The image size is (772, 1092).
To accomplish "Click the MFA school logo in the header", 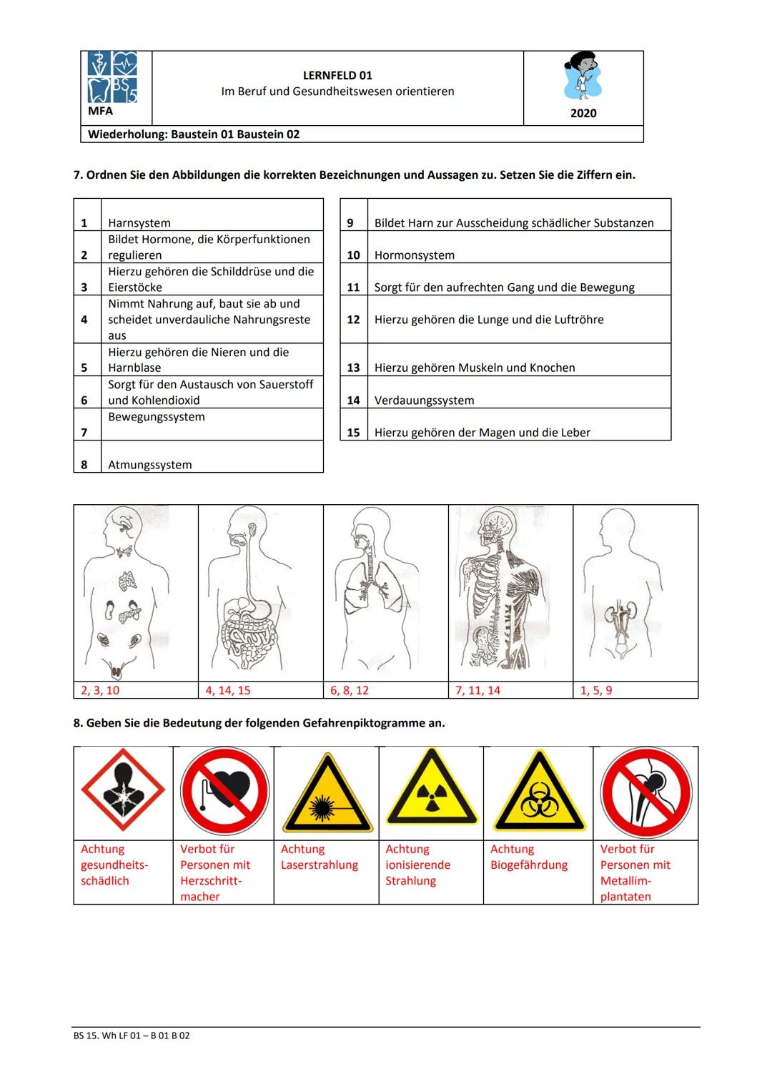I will point(112,78).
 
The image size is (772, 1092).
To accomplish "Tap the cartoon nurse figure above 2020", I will point(583,76).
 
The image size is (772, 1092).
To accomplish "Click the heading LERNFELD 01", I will point(337,75).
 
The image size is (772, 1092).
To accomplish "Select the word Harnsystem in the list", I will point(139,223).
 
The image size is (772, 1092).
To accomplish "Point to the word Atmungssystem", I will point(149,465).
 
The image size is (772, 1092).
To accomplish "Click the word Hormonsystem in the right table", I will point(415,255).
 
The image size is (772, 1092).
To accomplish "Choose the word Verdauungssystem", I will point(424,400).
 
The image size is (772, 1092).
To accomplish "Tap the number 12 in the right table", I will point(353,320).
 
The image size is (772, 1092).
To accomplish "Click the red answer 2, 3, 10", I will point(100,691).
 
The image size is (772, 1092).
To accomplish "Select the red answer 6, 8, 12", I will point(350,691).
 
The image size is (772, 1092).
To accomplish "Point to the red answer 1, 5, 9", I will point(596,691).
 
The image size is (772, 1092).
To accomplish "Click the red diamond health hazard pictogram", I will point(123,792).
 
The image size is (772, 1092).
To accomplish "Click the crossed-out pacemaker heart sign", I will point(224,792).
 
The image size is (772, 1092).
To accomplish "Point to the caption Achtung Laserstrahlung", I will point(319,857).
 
